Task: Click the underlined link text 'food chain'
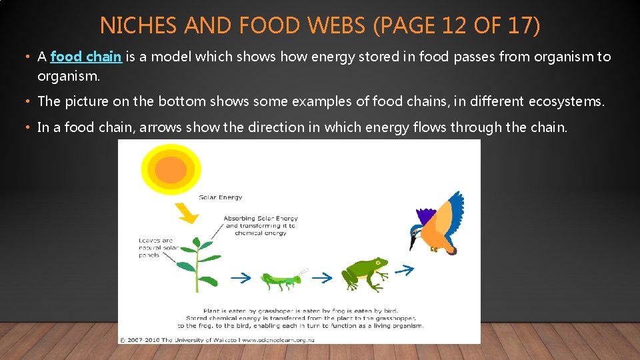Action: click(86, 57)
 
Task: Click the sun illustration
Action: click(171, 167)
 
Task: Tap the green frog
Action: click(364, 273)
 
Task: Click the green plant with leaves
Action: click(198, 263)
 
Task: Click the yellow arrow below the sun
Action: click(187, 211)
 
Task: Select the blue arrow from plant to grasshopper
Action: click(241, 276)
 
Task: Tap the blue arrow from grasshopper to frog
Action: click(322, 277)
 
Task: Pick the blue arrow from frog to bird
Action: click(403, 269)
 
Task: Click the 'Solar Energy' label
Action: click(221, 197)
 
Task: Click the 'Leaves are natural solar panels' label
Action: click(156, 247)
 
